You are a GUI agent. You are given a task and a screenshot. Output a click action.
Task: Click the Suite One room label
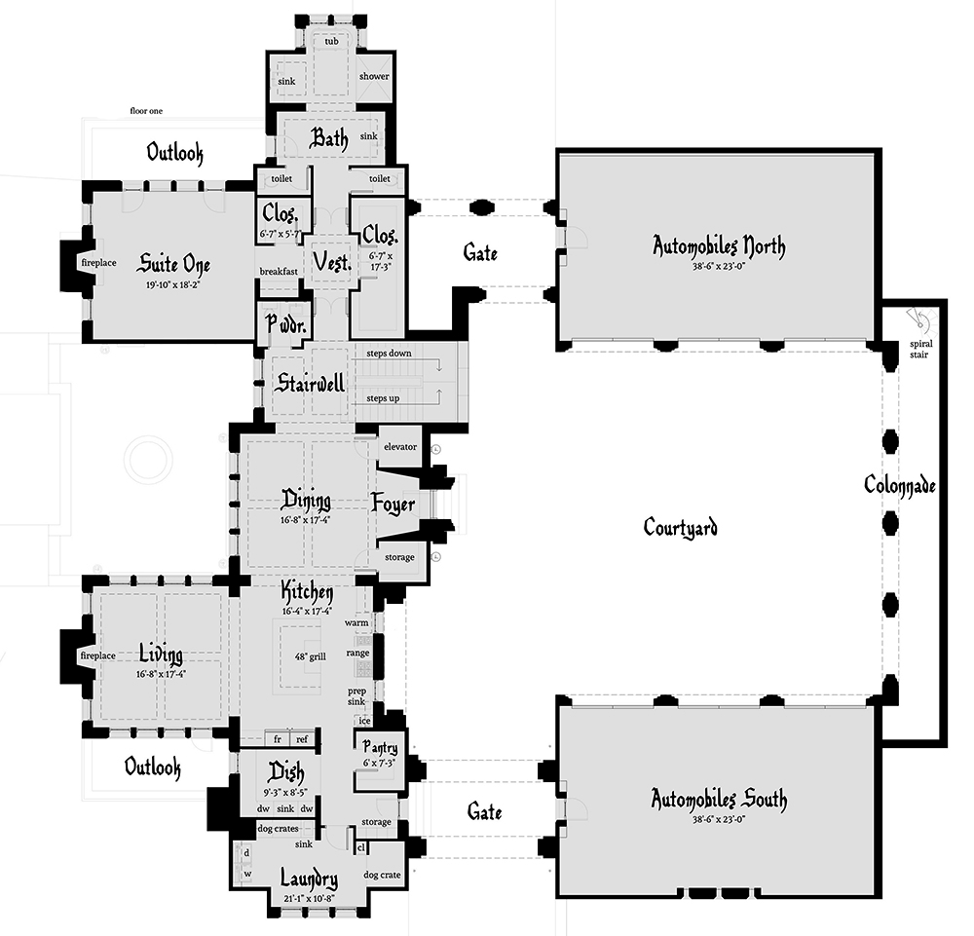[173, 265]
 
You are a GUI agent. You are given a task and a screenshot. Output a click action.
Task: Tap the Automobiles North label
[719, 246]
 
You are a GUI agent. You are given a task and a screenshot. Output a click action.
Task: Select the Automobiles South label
[719, 799]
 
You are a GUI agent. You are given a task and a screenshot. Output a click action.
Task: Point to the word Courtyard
[680, 527]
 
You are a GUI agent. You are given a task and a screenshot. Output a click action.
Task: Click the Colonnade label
[899, 484]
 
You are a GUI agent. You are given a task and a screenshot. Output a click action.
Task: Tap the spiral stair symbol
[920, 320]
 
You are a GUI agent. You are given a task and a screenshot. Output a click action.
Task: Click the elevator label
[400, 446]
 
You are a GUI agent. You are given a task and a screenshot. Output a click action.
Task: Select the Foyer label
[393, 504]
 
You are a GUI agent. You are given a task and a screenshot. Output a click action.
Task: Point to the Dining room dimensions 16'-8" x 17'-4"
[305, 520]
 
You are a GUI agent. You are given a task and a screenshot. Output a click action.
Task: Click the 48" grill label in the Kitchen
[310, 656]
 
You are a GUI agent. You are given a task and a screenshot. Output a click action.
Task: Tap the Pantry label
[380, 747]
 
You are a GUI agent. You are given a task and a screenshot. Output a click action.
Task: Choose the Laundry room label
[309, 879]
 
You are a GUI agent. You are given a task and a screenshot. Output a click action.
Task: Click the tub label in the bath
[332, 41]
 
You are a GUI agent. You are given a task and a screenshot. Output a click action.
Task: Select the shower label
[374, 76]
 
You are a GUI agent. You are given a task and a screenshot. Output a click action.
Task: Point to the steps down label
[389, 354]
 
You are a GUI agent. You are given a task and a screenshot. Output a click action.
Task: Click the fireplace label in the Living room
[98, 655]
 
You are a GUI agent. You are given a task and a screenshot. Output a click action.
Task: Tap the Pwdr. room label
[285, 323]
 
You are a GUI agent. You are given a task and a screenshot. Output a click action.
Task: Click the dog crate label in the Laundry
[382, 876]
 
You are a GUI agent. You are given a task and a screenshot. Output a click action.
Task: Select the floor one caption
[146, 111]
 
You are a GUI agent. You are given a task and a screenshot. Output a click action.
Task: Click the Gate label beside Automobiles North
[480, 253]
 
